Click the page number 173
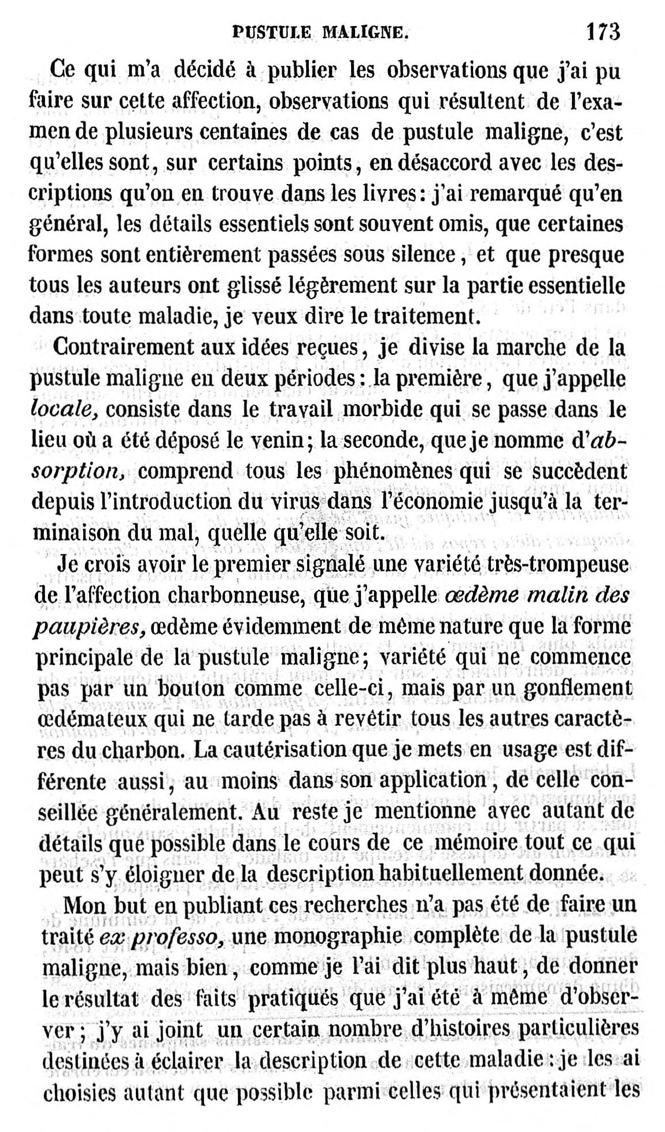point(603,31)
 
